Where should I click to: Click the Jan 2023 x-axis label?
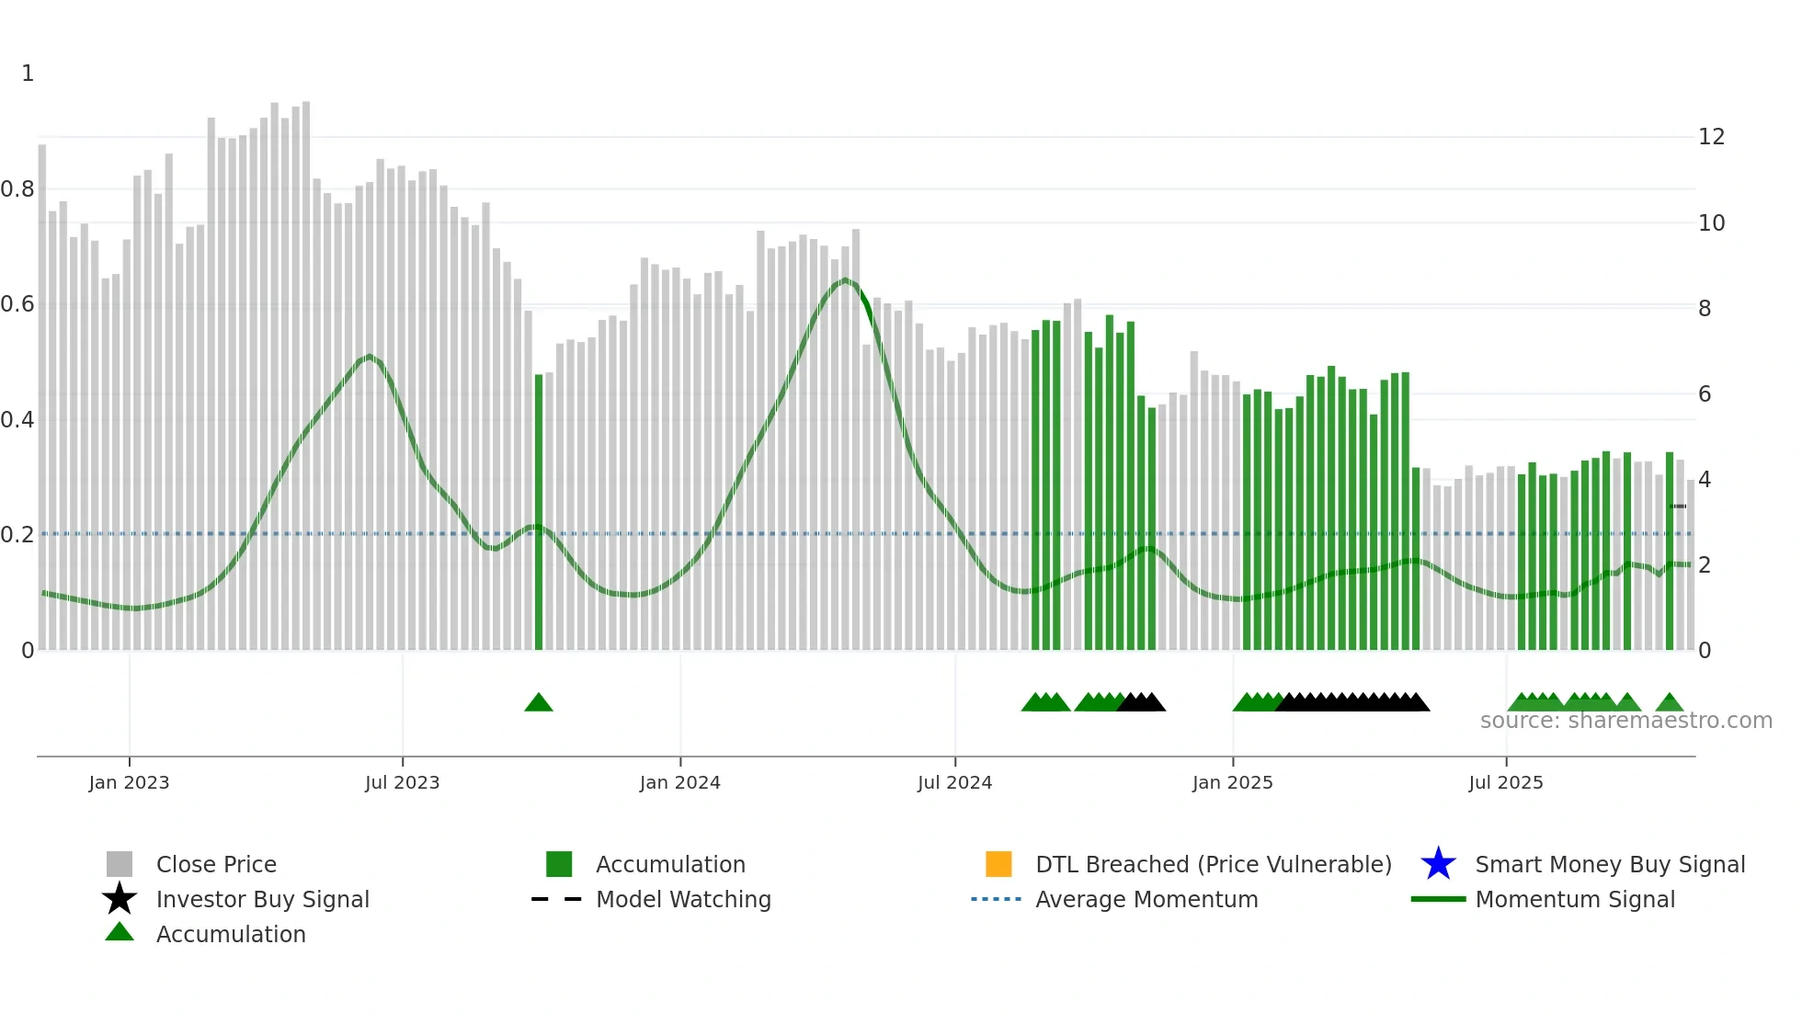(x=129, y=782)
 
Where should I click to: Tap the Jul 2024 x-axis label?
(x=954, y=782)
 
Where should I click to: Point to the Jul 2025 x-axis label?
(x=1505, y=782)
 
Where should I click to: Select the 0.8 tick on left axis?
(x=18, y=189)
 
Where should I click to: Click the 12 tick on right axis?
(x=1711, y=137)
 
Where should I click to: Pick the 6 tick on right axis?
(x=1705, y=394)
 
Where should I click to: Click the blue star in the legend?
(x=1438, y=864)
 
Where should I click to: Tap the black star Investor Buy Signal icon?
(x=120, y=899)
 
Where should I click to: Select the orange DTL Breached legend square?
(x=998, y=864)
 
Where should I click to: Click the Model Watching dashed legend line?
(x=557, y=899)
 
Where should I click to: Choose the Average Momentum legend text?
(x=1146, y=899)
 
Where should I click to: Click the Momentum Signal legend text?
(x=1575, y=899)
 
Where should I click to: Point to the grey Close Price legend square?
(x=120, y=864)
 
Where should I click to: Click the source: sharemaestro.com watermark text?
(x=1625, y=721)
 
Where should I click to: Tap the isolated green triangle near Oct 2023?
(x=539, y=703)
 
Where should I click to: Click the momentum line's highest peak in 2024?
(x=846, y=279)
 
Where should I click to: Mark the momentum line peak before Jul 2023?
(x=369, y=356)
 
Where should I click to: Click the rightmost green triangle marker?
(x=1670, y=703)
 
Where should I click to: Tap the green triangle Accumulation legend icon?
(x=120, y=932)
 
